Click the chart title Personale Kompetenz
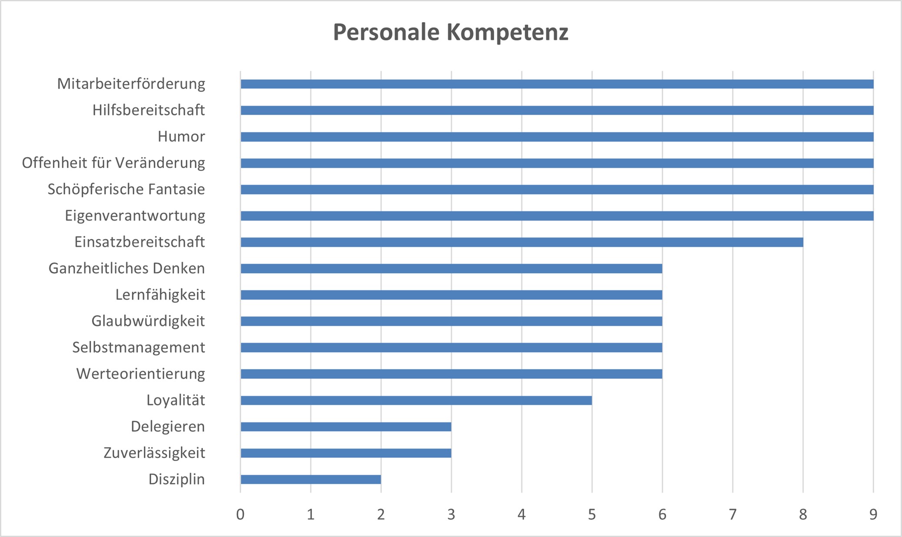451,32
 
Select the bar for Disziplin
311,479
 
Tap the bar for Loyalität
416,400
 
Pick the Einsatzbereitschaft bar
522,242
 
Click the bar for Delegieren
346,427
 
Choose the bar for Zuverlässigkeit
346,453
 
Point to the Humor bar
557,137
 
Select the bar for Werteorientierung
451,374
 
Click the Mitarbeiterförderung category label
131,84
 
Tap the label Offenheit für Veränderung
113,163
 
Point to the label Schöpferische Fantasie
126,189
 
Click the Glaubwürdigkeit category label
148,321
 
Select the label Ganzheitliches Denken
126,268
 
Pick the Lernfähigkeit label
160,295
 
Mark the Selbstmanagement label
139,347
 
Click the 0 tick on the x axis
240,514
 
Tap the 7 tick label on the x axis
733,514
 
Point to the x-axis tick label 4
521,514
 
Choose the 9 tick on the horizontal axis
873,514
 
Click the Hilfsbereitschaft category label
149,110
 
